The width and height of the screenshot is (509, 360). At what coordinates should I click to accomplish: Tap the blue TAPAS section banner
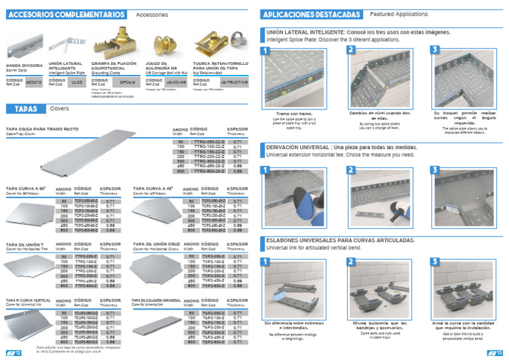click(x=25, y=109)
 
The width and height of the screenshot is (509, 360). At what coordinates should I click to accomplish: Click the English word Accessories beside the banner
click(x=152, y=14)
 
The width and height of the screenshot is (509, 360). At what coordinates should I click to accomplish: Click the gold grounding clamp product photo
click(x=122, y=41)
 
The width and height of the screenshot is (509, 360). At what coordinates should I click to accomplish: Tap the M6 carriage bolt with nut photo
click(x=162, y=45)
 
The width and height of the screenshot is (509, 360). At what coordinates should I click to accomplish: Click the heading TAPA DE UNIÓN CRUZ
click(x=156, y=244)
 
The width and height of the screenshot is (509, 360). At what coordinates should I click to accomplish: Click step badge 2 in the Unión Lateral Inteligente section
click(x=351, y=50)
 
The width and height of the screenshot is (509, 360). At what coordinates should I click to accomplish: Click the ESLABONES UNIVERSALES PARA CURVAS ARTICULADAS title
click(x=341, y=240)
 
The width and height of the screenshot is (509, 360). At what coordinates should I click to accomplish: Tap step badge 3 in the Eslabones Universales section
click(x=435, y=261)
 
